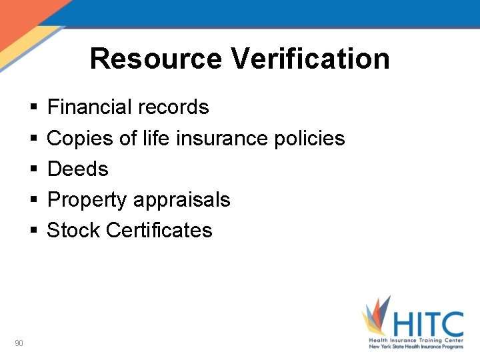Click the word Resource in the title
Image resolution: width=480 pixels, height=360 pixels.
[157, 59]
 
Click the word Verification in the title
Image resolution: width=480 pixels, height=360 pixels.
[311, 59]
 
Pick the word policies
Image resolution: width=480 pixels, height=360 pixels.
[310, 138]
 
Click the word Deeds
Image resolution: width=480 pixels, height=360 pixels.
[78, 169]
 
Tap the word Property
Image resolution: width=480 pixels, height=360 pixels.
[87, 199]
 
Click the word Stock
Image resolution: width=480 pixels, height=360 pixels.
[73, 230]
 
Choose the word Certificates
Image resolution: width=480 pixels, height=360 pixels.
[159, 230]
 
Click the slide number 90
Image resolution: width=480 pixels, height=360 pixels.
[19, 343]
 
